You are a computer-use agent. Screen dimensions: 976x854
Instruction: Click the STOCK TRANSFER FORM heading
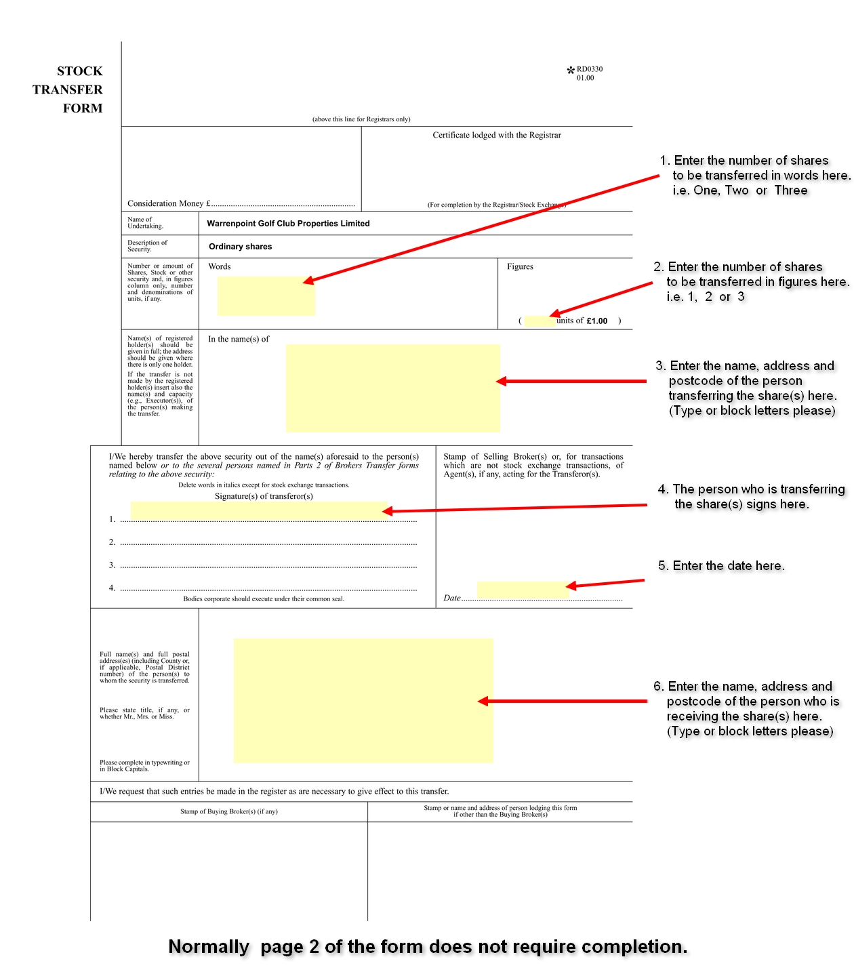click(x=68, y=89)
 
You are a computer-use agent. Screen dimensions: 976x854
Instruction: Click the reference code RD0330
click(x=589, y=69)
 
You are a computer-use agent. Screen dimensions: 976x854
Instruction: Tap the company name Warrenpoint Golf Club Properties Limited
click(x=288, y=224)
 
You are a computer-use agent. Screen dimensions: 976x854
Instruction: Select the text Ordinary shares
click(x=240, y=247)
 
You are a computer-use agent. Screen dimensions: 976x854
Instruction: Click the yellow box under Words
click(x=266, y=296)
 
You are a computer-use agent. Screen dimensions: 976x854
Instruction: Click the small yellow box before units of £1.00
click(x=540, y=321)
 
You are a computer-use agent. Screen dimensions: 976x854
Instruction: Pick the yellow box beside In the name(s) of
click(x=392, y=388)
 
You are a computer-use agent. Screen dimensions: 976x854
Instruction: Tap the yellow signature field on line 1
click(x=258, y=511)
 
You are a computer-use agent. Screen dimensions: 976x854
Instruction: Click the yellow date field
click(x=522, y=590)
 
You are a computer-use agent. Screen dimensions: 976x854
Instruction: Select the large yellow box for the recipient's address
click(x=363, y=700)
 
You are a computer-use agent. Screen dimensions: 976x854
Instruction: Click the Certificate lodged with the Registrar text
click(x=497, y=136)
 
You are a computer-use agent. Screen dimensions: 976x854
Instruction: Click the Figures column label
click(x=520, y=267)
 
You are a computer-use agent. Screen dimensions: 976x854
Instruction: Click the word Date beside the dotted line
click(x=451, y=598)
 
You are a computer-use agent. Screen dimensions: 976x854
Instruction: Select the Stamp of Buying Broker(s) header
click(x=228, y=811)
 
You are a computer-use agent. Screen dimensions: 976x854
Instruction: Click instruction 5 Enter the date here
click(x=721, y=566)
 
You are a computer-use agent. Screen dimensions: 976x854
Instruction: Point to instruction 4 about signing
click(x=751, y=497)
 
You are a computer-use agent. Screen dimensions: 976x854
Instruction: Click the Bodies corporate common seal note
click(x=264, y=599)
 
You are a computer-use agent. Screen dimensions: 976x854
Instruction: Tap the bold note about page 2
click(x=428, y=947)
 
